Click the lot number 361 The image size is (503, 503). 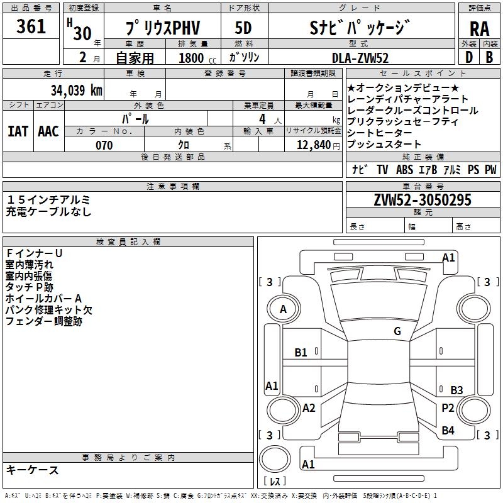31,26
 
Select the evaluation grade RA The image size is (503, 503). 479,29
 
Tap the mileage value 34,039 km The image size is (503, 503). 77,90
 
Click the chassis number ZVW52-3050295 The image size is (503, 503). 422,200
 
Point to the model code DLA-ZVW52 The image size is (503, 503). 360,58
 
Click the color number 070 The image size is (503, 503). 104,145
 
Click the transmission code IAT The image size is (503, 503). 18,131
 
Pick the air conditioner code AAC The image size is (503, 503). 48,131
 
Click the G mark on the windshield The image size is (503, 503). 397,331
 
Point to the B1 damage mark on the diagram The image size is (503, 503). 301,353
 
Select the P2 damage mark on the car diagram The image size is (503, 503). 448,408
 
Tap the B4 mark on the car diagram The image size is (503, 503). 448,431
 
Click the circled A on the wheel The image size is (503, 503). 283,309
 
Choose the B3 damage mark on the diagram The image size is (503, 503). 456,390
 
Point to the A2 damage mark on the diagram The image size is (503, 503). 309,408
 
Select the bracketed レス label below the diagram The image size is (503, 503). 275,481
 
